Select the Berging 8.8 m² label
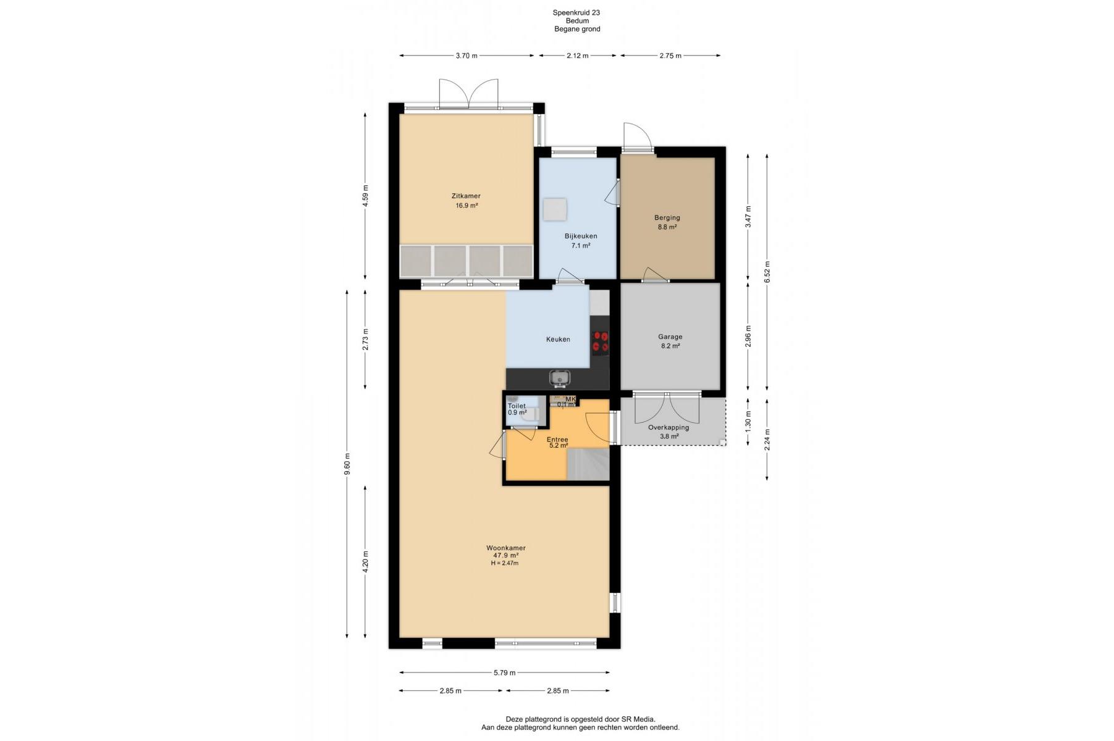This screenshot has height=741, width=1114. coord(667,222)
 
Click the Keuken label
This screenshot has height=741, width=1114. coord(558,340)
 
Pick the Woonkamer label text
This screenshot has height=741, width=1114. coord(505,548)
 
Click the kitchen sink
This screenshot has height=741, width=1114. coord(560,377)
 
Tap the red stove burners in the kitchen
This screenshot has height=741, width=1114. coord(600,343)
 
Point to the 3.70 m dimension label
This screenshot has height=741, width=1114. coord(466,56)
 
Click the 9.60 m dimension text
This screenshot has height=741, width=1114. coord(347,464)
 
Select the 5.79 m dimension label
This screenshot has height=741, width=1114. coord(504,672)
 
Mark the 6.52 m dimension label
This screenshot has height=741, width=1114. coord(767,272)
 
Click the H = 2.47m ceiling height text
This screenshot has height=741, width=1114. coord(505,563)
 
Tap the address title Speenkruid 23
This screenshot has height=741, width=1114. coord(576,12)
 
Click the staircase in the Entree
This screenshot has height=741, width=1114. coord(588,464)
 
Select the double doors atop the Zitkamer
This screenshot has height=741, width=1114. coord(468,94)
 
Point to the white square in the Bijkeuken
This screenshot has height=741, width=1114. coord(555,209)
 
